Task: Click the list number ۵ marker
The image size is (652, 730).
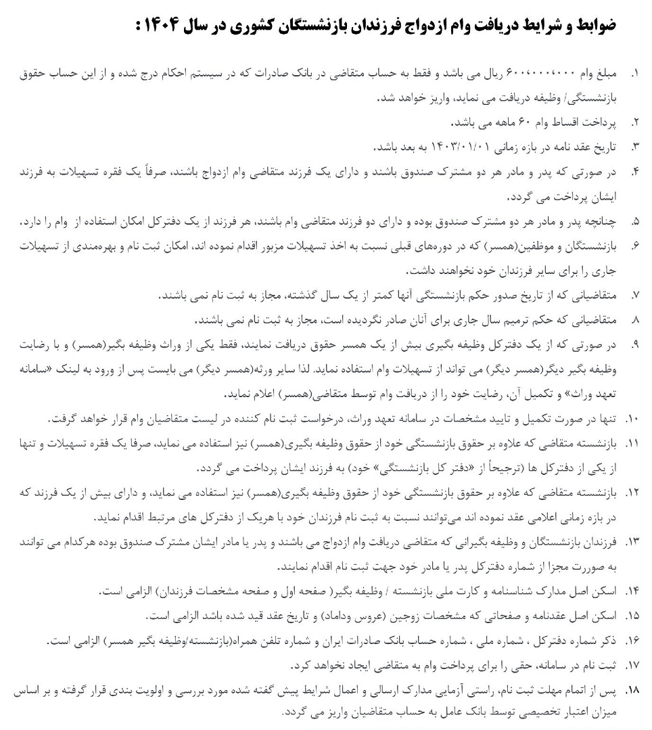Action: (634, 222)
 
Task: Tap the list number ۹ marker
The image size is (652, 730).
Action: (634, 345)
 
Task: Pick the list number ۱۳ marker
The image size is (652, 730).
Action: (632, 543)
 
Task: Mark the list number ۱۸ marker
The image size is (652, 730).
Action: (632, 691)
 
